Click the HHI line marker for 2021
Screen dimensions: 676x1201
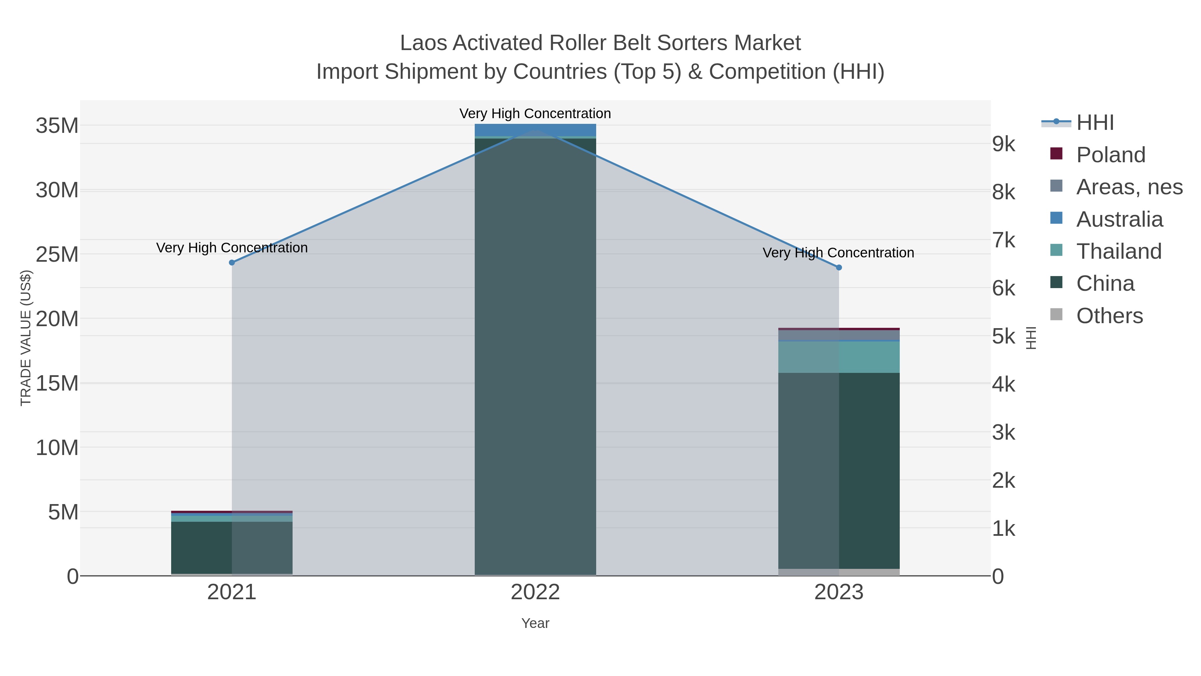(x=232, y=263)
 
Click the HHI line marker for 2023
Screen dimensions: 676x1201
(x=839, y=268)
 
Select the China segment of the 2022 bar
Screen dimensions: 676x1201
(x=535, y=355)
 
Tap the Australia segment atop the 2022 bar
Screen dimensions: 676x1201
(x=535, y=130)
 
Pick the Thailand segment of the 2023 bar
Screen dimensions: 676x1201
(x=839, y=357)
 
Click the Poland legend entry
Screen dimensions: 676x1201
(x=1111, y=155)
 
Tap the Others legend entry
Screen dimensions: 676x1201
(x=1109, y=316)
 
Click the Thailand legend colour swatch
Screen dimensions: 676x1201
(x=1056, y=250)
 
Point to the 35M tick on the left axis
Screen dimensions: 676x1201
(x=57, y=126)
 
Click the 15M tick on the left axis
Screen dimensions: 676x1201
(x=57, y=384)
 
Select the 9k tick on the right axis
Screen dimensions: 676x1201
(x=1003, y=144)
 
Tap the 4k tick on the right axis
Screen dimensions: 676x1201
(x=1003, y=385)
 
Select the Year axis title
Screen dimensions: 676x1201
(x=535, y=623)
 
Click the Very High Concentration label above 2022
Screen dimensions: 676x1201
(x=535, y=114)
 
